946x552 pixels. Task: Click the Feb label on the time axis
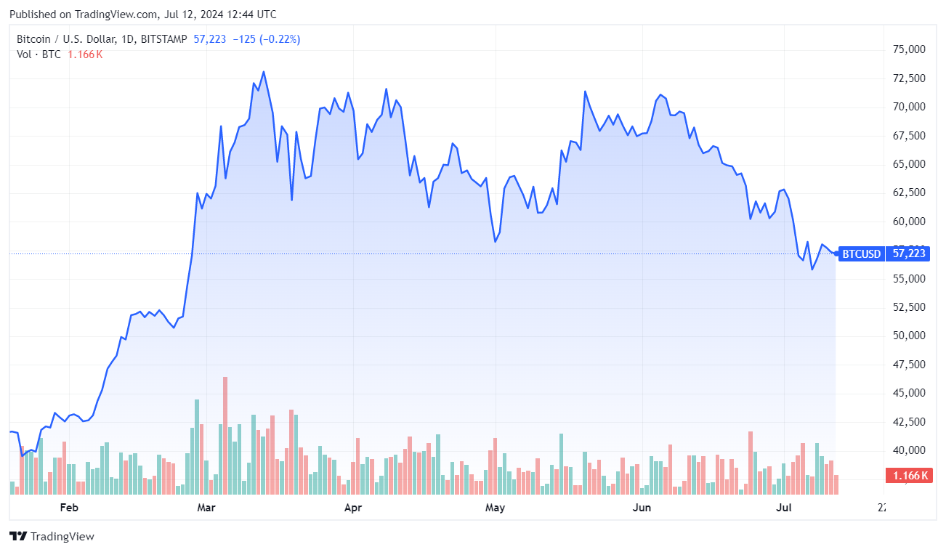tap(68, 507)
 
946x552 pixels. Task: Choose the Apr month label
tap(352, 507)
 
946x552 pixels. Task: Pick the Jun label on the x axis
tap(642, 507)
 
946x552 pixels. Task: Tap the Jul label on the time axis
tap(783, 507)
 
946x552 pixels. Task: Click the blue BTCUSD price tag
tap(862, 253)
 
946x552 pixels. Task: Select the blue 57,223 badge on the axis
tap(908, 253)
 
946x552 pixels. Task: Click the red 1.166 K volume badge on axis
tap(908, 476)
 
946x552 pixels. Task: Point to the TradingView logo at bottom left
tap(52, 537)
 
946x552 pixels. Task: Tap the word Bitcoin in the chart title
tap(33, 39)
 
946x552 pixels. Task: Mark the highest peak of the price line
tap(263, 72)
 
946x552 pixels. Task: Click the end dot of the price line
tap(836, 253)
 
